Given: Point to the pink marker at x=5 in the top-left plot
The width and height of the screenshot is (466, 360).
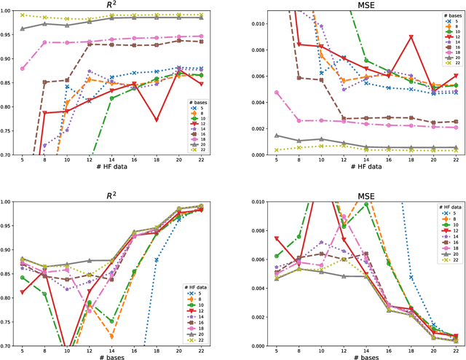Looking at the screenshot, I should (x=23, y=69).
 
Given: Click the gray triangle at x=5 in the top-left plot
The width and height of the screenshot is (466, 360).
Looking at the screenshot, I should (x=23, y=29).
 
